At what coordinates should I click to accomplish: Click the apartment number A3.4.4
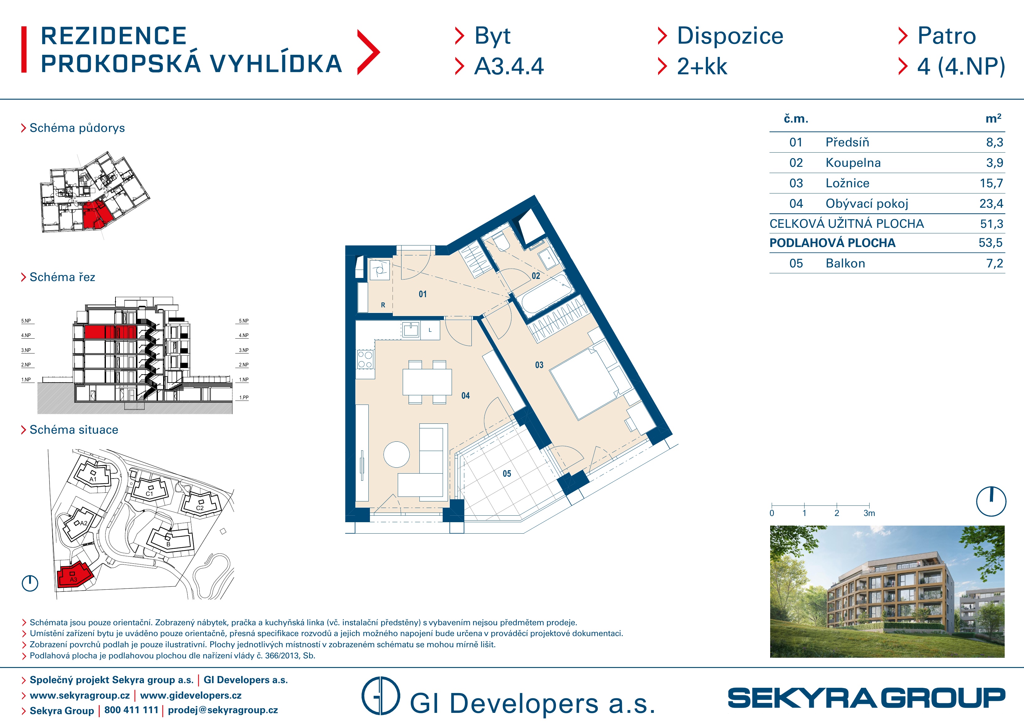click(x=509, y=67)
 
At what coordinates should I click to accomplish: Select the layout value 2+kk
click(x=702, y=67)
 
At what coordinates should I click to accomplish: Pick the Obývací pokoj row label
click(x=866, y=204)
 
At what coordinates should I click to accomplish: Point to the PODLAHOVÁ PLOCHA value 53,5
click(x=991, y=243)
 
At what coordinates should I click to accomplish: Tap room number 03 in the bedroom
click(x=539, y=365)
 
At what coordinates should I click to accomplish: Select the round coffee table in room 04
click(x=397, y=454)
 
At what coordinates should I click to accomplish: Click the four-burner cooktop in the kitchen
click(x=365, y=360)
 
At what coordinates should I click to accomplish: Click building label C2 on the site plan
click(x=200, y=508)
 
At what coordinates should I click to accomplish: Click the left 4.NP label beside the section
click(x=26, y=336)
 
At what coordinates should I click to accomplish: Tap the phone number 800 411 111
click(x=132, y=710)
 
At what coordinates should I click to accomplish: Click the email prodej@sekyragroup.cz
click(x=223, y=710)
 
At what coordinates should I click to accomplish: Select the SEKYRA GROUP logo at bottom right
click(x=866, y=698)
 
